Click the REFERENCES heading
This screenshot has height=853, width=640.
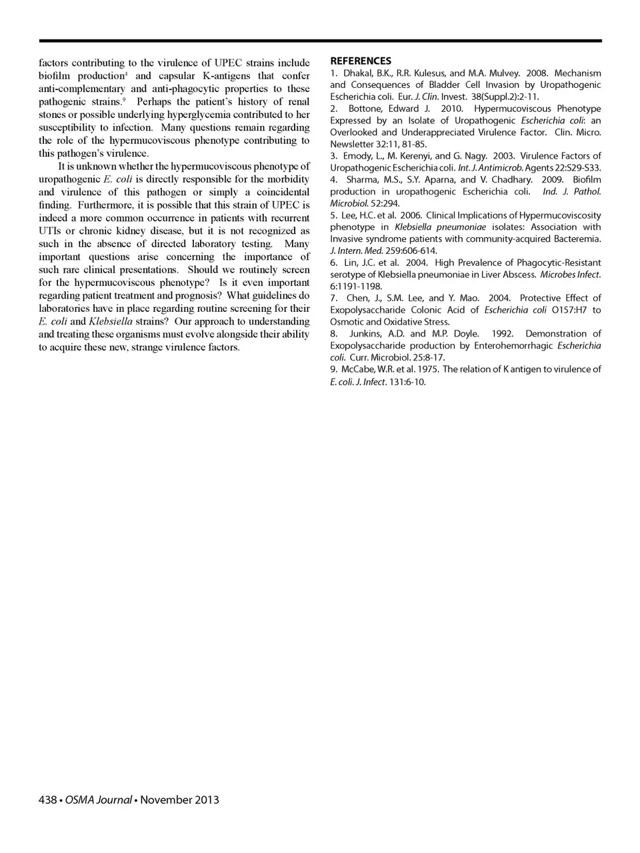point(361,61)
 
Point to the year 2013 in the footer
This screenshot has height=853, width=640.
point(207,800)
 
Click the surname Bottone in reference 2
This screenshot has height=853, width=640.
point(363,109)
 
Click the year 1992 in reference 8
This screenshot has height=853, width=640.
point(502,334)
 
